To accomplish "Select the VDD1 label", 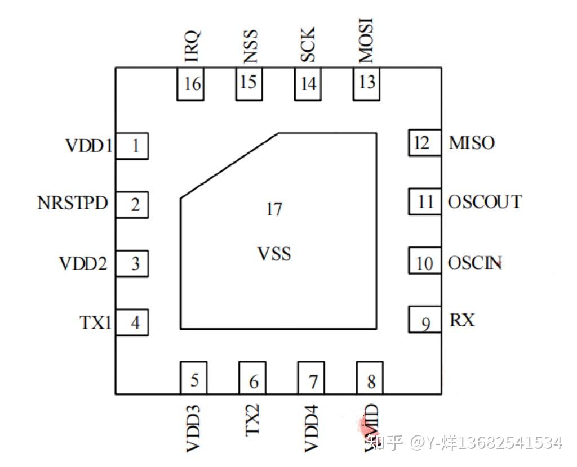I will coord(89,146).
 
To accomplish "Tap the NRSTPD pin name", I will coord(73,203).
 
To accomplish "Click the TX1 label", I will coord(95,323).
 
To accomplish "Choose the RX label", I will coord(462,321).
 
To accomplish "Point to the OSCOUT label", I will coord(485,202).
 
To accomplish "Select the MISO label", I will coord(472,143).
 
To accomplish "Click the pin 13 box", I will coord(367,83).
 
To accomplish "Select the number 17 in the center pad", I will coord(274,210).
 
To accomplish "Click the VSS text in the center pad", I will coord(274,254).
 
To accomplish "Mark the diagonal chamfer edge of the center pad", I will coord(229,165).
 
